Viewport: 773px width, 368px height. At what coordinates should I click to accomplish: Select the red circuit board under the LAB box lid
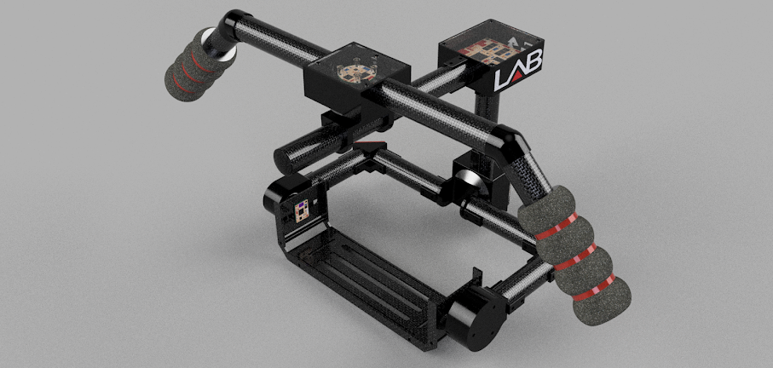click(x=486, y=49)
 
